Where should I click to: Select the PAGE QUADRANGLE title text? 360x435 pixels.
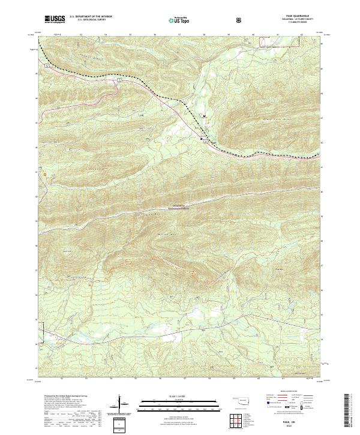pyautogui.click(x=289, y=17)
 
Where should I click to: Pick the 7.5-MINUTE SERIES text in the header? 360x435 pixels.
pyautogui.click(x=289, y=24)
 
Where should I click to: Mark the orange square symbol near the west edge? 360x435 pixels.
pyautogui.click(x=45, y=175)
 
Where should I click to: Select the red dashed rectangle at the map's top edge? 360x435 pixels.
pyautogui.click(x=265, y=43)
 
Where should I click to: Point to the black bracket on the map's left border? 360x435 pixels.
pyautogui.click(x=42, y=329)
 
